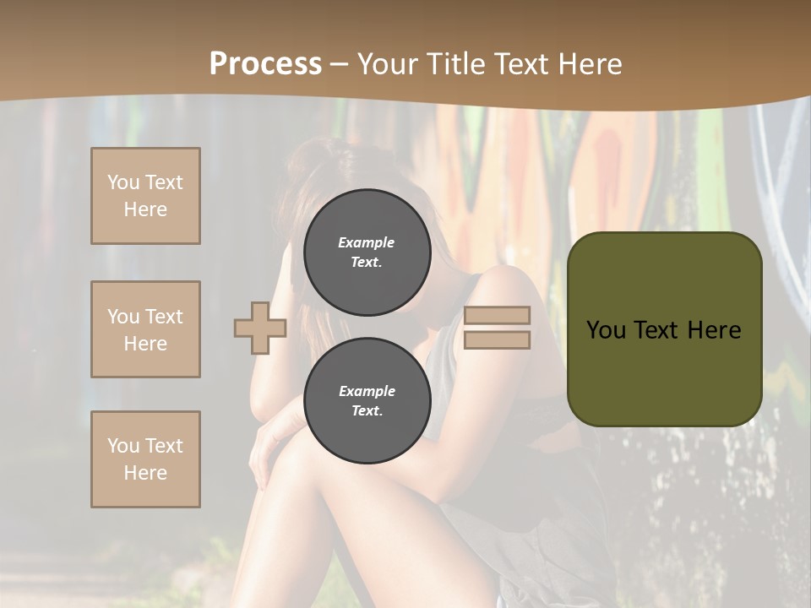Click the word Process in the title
[x=265, y=63]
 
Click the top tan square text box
[x=145, y=196]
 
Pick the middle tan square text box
[x=145, y=329]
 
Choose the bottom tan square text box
[x=145, y=459]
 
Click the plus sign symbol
[x=260, y=328]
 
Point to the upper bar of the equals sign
[x=497, y=316]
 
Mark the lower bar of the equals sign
[x=497, y=339]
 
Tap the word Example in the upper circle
[x=367, y=242]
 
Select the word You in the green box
[x=605, y=330]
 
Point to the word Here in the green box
[x=714, y=330]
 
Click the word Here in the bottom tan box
[x=145, y=473]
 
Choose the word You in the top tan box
[x=123, y=182]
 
